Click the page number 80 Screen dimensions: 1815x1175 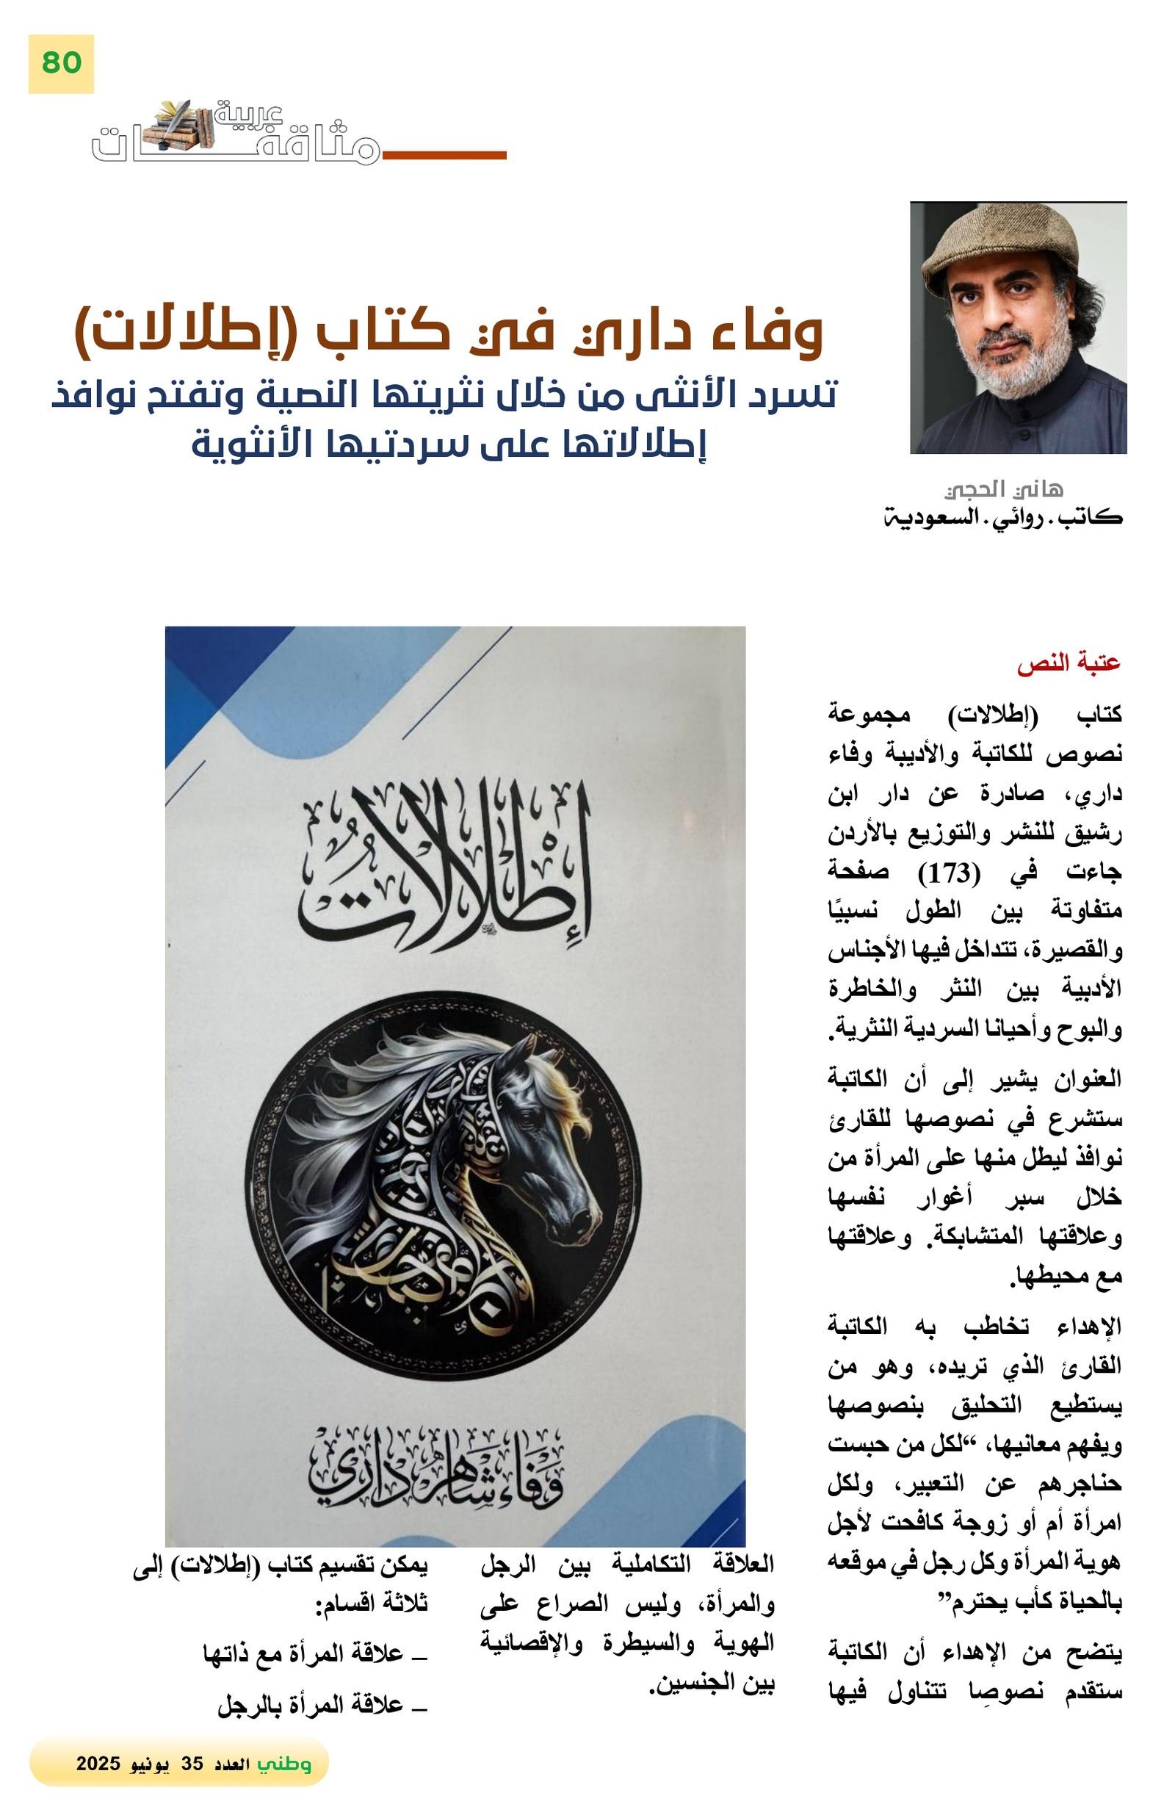(x=61, y=62)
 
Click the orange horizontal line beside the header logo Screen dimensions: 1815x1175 (x=444, y=156)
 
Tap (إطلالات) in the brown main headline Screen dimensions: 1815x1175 (x=179, y=332)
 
